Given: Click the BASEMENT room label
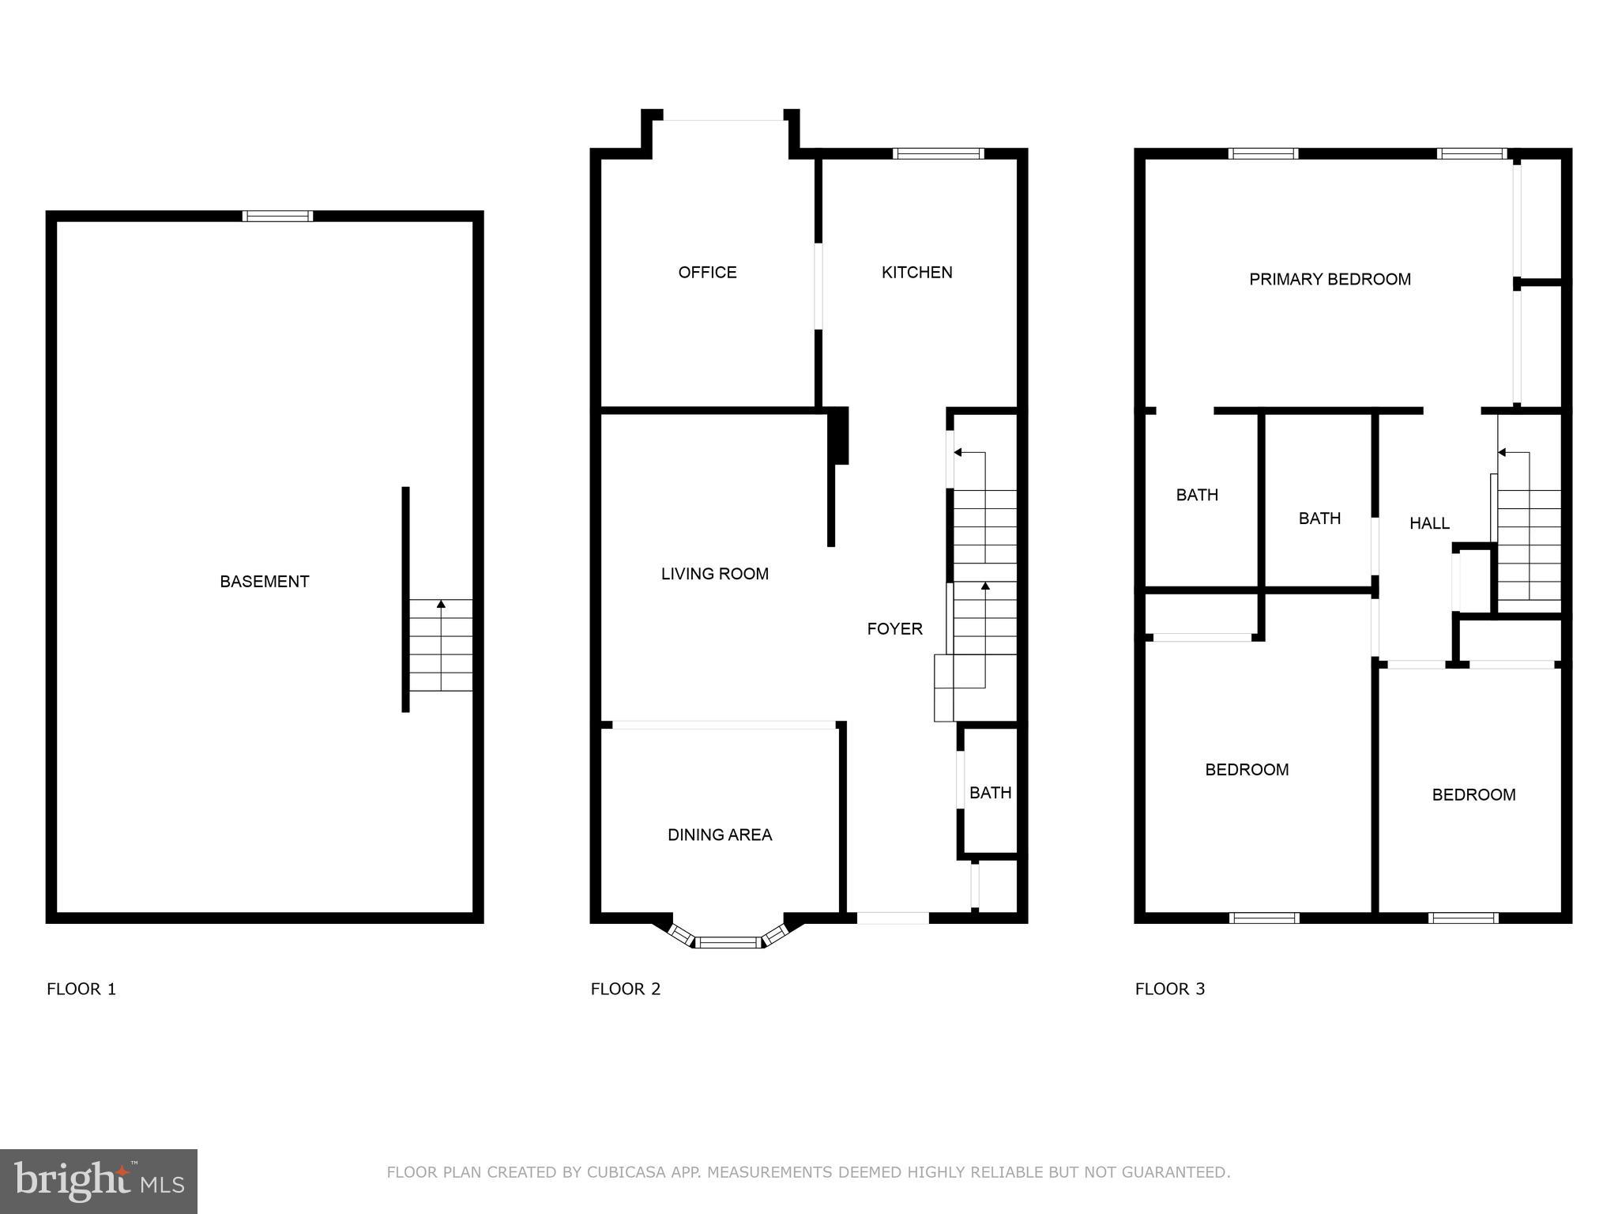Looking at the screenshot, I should [264, 582].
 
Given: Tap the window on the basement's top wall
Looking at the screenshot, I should [277, 216].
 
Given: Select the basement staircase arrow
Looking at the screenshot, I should [441, 605].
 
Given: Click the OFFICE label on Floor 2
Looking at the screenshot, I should [707, 273].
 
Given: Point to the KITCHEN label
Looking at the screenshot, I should [916, 273].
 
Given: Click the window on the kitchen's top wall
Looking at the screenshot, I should [938, 153].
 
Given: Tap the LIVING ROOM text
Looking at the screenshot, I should [714, 575].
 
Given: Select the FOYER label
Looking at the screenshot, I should [894, 629].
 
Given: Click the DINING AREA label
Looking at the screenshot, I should [719, 835].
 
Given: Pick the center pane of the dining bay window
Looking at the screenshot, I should [728, 941].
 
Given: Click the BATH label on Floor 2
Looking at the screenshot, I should [990, 793].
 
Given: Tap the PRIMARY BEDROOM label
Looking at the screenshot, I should [1330, 279].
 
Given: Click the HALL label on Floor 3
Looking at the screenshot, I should [1429, 523].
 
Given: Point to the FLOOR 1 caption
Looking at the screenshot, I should [81, 989].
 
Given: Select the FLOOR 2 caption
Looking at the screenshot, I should [625, 989].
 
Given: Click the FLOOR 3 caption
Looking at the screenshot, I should [1169, 989].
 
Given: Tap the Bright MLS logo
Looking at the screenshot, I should [99, 1181].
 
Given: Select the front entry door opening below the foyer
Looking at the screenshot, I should [893, 918].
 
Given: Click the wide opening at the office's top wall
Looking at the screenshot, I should [723, 119].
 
